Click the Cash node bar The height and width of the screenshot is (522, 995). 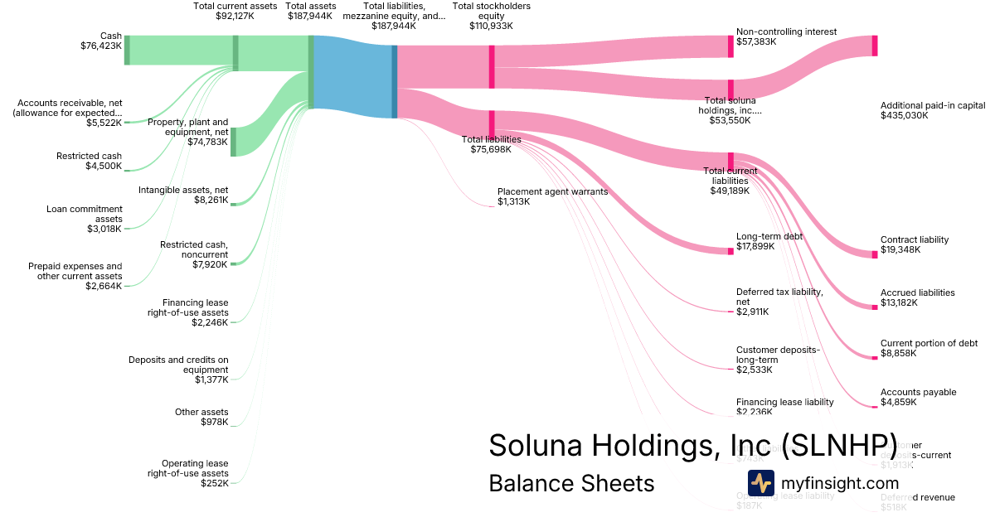[127, 50]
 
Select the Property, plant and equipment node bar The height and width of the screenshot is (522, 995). [233, 142]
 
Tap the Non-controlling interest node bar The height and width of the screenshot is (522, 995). [730, 46]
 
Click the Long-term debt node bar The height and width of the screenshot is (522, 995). [730, 251]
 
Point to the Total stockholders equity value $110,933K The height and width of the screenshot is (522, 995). [492, 26]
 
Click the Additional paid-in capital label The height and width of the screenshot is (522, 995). [932, 105]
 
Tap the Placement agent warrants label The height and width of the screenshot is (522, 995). [552, 191]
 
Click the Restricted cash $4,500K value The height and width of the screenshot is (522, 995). [104, 167]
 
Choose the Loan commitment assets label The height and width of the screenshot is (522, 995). [84, 214]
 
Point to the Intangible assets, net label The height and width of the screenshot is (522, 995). [183, 190]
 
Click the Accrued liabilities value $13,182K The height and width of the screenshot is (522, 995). [900, 303]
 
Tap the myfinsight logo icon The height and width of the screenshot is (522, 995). [760, 482]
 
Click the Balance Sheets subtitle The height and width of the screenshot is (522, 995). [571, 483]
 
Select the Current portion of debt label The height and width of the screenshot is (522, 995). [929, 343]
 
